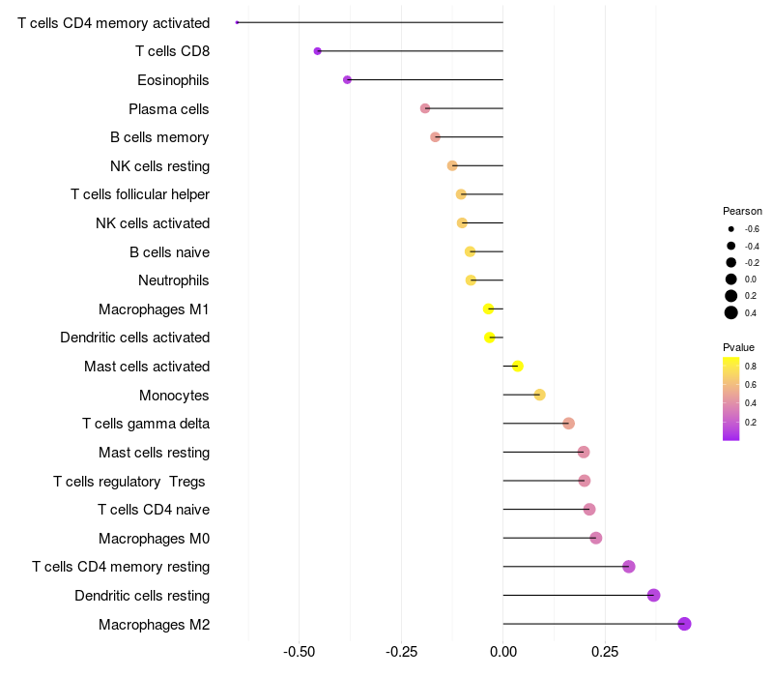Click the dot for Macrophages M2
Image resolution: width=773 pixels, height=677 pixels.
click(684, 624)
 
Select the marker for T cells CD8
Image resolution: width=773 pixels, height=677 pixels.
click(318, 50)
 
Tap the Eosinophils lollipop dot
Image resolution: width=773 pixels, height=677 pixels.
click(347, 79)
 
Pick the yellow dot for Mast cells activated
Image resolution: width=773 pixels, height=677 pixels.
click(517, 366)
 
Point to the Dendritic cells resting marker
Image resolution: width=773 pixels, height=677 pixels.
click(653, 595)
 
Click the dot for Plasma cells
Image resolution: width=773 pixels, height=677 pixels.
click(425, 108)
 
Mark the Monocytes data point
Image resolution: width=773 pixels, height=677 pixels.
click(539, 395)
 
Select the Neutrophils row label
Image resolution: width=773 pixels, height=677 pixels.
click(174, 280)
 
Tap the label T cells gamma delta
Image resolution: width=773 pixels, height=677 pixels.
click(146, 424)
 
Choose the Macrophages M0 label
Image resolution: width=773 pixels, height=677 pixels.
click(154, 538)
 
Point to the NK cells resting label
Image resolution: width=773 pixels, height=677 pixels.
click(159, 166)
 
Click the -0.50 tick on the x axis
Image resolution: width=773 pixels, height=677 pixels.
click(300, 653)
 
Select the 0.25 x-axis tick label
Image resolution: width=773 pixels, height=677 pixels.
click(605, 653)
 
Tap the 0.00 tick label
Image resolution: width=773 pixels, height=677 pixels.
click(503, 653)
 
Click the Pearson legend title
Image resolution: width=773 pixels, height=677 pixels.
click(742, 211)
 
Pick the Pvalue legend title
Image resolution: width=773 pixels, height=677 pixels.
click(738, 347)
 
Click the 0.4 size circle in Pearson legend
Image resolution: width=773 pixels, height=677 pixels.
click(731, 312)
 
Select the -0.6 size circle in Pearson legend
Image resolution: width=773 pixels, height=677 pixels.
click(731, 229)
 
